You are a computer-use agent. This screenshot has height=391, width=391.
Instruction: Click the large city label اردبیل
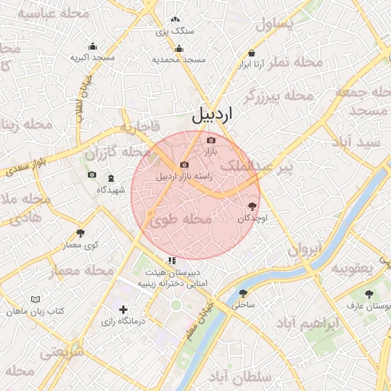point(212,115)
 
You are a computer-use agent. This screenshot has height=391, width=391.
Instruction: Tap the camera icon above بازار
point(212,140)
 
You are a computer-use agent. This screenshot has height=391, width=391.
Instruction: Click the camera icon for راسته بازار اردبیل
point(184,164)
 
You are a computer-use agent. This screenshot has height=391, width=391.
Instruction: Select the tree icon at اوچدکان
point(252,205)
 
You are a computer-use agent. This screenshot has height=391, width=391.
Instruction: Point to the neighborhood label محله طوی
point(180,220)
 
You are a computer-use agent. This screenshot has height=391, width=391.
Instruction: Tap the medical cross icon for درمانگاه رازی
point(123,309)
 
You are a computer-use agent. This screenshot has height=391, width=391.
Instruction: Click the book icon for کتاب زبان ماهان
point(35,300)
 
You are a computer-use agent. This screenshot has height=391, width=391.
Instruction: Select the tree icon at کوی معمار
point(81,233)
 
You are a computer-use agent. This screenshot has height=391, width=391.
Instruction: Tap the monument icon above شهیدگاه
point(111,178)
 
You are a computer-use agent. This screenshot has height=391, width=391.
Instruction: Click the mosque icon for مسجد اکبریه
point(93,46)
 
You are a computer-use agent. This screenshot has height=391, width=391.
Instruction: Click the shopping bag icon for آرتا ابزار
point(252,53)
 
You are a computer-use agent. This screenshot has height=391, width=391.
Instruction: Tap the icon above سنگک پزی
point(175,20)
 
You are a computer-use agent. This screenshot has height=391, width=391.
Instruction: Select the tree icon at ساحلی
point(243,292)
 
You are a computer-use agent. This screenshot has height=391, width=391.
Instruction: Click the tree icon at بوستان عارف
point(369,293)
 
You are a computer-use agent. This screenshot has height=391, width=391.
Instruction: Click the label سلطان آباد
point(241,377)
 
